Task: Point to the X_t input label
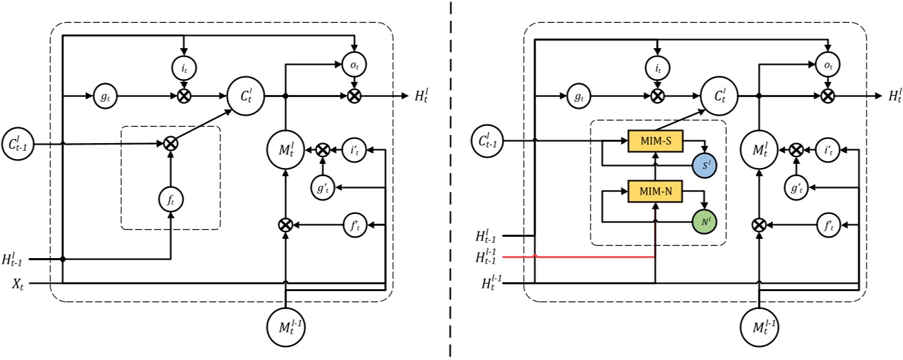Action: point(17,283)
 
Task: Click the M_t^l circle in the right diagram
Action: point(758,149)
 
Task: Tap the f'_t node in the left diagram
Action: point(354,224)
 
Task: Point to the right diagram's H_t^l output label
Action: point(893,96)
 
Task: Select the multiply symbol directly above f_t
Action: point(171,144)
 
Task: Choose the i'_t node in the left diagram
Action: point(354,149)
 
